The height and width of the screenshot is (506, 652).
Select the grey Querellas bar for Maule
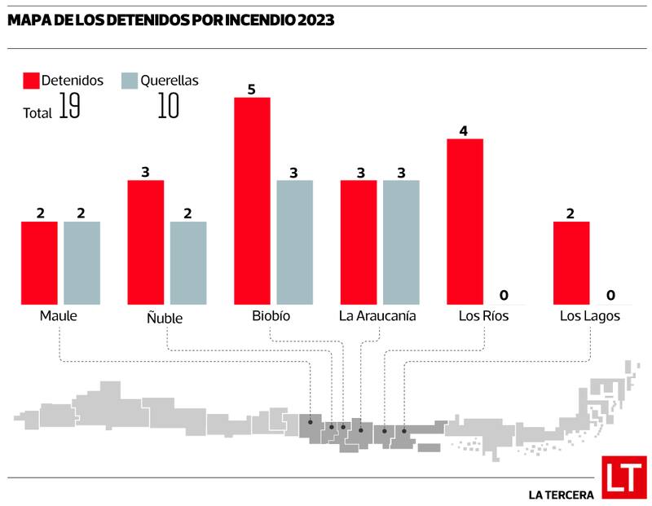click(x=81, y=263)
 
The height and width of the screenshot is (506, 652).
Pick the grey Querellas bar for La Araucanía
click(x=400, y=242)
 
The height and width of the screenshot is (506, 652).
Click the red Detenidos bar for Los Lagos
click(x=571, y=263)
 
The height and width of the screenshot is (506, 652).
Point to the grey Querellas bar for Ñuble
click(x=188, y=263)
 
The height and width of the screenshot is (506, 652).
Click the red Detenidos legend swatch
click(x=31, y=81)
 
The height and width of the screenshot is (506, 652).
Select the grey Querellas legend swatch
click(x=129, y=81)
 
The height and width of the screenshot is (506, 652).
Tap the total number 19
click(x=69, y=108)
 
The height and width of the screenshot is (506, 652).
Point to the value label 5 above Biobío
click(x=252, y=89)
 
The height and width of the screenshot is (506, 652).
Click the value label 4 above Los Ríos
click(x=464, y=130)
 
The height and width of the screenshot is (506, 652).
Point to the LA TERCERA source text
click(x=561, y=494)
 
